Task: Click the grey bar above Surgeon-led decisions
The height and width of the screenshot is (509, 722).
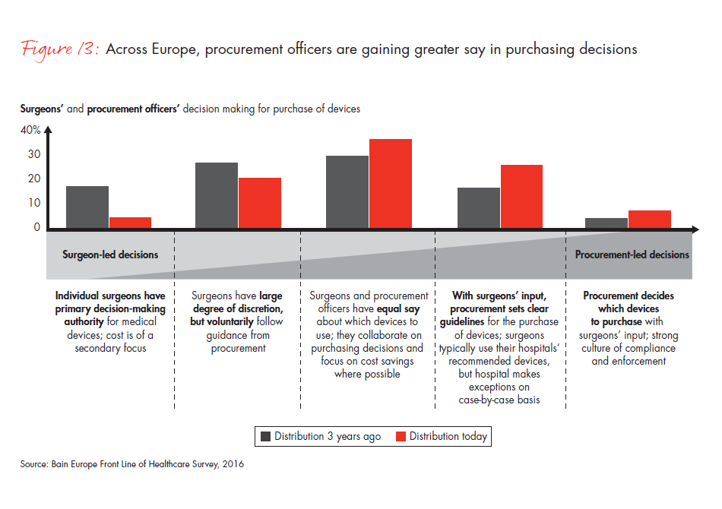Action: [x=87, y=207]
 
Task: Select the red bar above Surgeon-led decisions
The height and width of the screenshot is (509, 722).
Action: [x=130, y=223]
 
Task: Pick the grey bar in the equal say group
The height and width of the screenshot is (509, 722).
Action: [x=347, y=192]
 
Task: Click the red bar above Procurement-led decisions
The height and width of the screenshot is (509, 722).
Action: [x=650, y=220]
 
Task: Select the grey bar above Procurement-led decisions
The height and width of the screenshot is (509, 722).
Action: [x=606, y=223]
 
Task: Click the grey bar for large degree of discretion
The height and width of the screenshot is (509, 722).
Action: [x=217, y=195]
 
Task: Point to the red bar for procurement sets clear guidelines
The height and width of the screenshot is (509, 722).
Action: [x=521, y=197]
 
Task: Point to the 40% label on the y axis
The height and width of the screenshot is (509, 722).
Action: [x=30, y=131]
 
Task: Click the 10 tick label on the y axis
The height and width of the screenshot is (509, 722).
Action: [x=34, y=203]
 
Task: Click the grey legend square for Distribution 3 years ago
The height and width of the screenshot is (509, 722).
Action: [x=266, y=437]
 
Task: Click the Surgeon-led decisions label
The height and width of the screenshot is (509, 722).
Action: [x=110, y=254]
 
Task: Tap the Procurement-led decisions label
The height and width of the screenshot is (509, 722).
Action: [x=632, y=254]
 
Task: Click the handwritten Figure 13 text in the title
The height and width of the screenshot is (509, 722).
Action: [x=59, y=49]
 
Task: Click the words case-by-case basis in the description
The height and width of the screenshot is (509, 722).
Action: [x=499, y=400]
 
